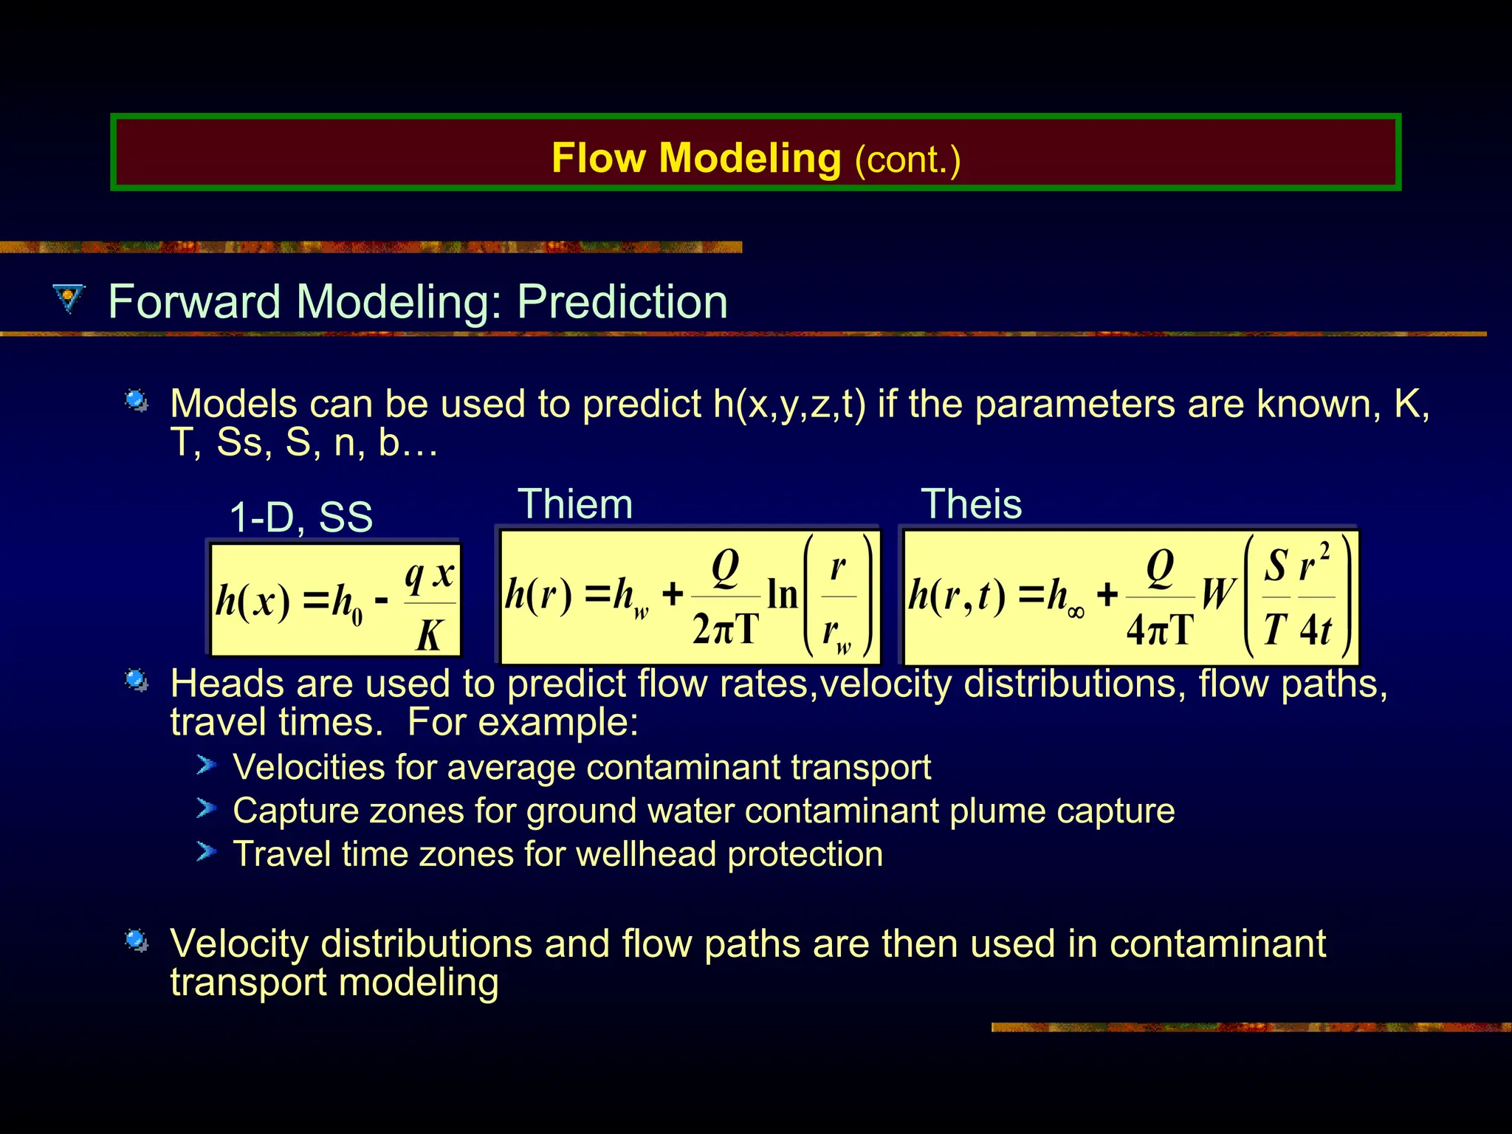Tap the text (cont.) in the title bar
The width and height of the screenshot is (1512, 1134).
(x=907, y=159)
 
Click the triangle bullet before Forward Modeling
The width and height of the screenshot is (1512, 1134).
(x=69, y=299)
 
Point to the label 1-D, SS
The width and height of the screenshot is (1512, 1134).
(x=300, y=517)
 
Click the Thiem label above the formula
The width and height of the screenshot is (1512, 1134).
(x=575, y=504)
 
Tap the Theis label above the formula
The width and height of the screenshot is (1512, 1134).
(x=971, y=504)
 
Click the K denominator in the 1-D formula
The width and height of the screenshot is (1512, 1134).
(x=430, y=634)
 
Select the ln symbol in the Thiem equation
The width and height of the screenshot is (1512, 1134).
(x=783, y=594)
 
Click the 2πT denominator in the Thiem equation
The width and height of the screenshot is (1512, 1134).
(x=726, y=630)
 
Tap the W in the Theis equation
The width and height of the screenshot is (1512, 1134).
(x=1217, y=594)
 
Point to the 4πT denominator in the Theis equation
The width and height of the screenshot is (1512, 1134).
(x=1160, y=630)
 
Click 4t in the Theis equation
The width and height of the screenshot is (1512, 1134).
(x=1316, y=630)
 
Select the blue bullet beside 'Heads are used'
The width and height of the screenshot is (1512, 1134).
(x=137, y=679)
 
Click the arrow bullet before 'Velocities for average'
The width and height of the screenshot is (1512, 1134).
(x=206, y=765)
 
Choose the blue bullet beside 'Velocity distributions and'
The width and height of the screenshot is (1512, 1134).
(x=137, y=940)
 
